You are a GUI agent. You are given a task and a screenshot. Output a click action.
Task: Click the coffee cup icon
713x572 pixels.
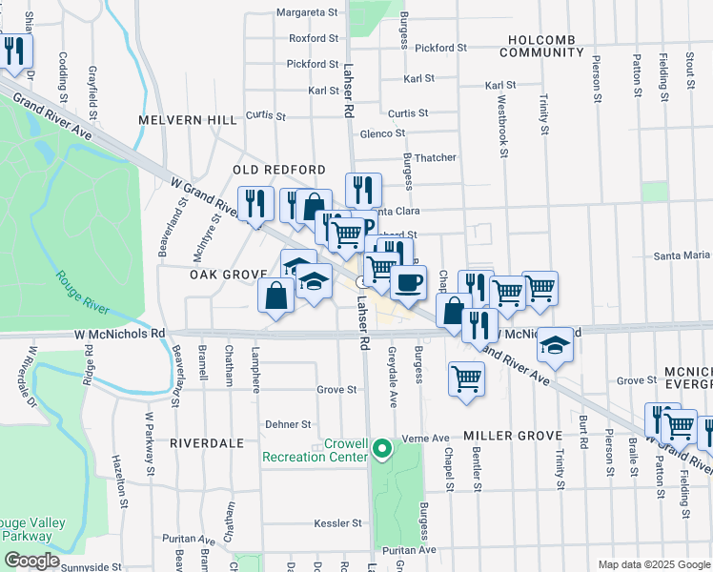(x=410, y=283)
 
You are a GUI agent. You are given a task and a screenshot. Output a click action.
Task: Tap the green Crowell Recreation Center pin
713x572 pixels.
(x=382, y=447)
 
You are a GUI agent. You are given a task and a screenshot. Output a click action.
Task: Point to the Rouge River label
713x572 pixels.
(x=81, y=285)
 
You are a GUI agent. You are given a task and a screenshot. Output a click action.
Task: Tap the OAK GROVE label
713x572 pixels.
(x=227, y=274)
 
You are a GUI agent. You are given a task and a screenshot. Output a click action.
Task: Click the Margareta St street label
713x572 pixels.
(x=308, y=13)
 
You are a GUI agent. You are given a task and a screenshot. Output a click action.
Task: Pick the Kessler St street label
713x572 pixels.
(x=338, y=523)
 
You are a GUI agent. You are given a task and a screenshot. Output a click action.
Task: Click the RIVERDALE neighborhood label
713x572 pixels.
(x=207, y=443)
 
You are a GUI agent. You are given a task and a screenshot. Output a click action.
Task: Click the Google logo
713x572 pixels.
(x=31, y=561)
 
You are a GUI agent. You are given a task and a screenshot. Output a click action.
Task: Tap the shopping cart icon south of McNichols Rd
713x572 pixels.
(x=467, y=378)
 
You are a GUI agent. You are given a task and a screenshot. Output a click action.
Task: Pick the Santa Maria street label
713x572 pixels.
(x=681, y=255)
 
